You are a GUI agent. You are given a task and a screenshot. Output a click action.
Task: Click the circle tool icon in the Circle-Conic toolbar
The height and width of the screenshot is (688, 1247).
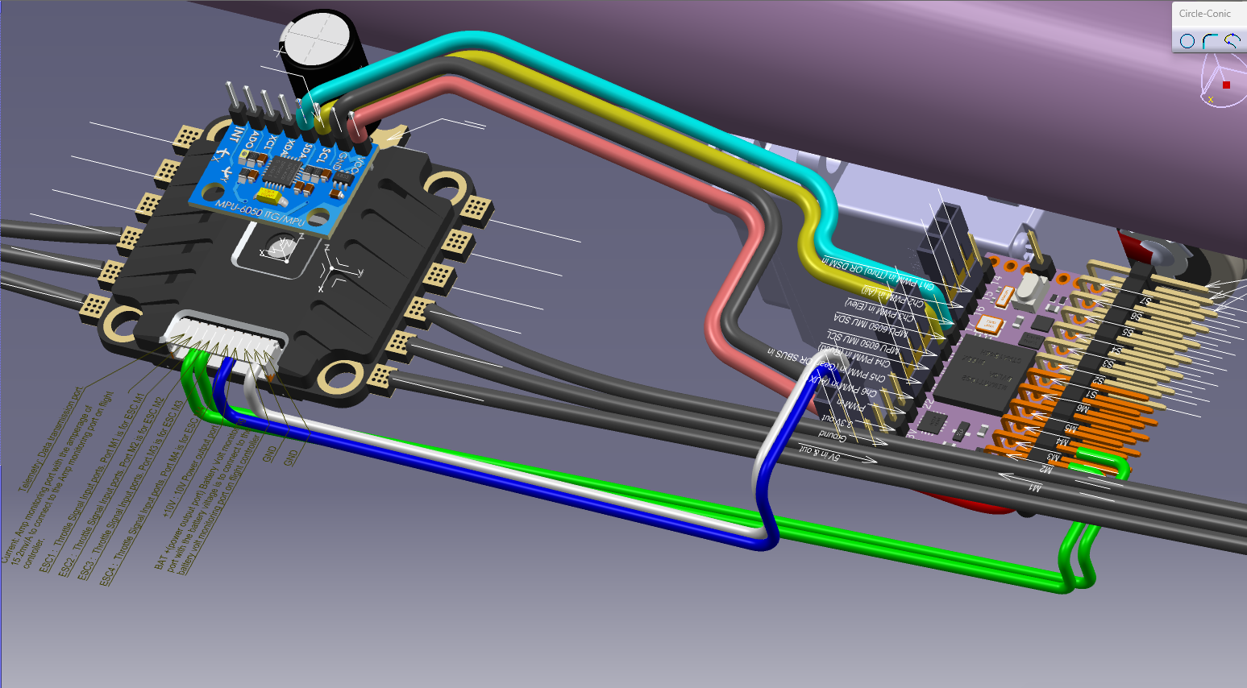coord(1187,41)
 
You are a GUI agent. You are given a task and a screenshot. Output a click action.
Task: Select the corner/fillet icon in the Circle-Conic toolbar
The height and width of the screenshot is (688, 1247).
coord(1210,41)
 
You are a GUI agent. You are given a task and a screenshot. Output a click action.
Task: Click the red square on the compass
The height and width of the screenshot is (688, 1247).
coord(1226,85)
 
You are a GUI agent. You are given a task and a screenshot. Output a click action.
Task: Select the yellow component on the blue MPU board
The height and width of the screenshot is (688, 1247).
coord(271,196)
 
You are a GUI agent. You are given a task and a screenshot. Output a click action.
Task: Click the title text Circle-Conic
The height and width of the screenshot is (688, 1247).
coord(1204,14)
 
